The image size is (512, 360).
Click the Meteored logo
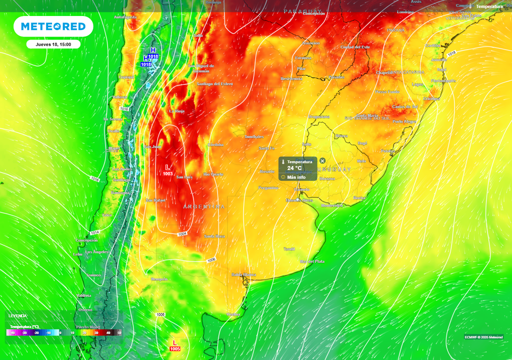(53, 26)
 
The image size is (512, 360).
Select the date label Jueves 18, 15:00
(53, 44)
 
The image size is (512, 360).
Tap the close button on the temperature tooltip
(322, 161)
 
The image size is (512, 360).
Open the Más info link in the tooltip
(296, 177)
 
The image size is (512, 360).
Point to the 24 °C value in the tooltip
(294, 168)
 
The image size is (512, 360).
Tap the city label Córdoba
(215, 144)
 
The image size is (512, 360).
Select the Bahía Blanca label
(243, 274)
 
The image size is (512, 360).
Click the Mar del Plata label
(312, 261)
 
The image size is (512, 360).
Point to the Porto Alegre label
(404, 121)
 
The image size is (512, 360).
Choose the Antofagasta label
(125, 17)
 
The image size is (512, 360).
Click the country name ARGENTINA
(203, 206)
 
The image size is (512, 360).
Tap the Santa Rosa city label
(214, 236)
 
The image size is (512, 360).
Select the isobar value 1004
(182, 234)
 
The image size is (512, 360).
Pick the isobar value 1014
(94, 233)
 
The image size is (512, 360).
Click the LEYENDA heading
(17, 316)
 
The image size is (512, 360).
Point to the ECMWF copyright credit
(483, 336)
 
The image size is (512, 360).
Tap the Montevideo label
(332, 205)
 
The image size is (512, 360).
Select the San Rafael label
(155, 200)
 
